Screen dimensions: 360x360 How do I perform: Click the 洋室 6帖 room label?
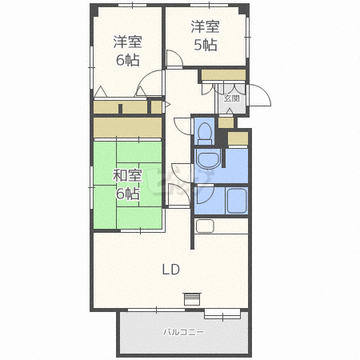(x=126, y=50)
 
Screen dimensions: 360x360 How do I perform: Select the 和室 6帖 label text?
(x=126, y=184)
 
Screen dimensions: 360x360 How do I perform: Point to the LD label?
(x=170, y=269)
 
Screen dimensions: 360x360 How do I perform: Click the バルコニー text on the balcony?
(x=183, y=331)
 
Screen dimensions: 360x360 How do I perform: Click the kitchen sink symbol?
(x=205, y=226)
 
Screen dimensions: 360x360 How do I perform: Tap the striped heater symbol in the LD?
(x=190, y=298)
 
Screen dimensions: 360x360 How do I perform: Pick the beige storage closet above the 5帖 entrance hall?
(x=222, y=76)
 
